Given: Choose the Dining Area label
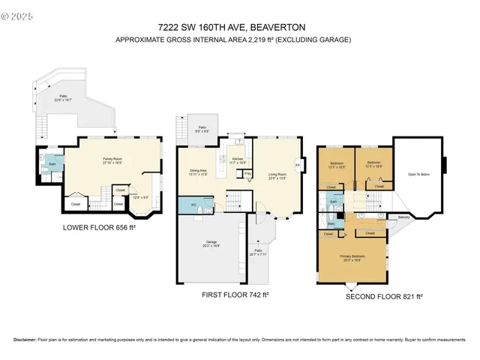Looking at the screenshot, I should pos(198,172).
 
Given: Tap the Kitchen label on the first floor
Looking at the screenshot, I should pos(237,160).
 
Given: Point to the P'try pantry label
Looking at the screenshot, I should pos(248,173).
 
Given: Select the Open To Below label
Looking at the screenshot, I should pos(418,175).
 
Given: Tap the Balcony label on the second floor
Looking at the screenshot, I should pos(403,217).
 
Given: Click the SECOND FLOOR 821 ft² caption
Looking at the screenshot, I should pos(384,296).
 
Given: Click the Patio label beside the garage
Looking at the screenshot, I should pos(257,252).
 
